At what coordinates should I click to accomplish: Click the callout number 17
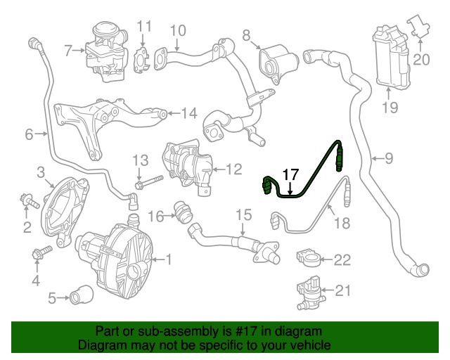coord(290,174)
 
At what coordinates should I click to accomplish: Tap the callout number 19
coord(389,108)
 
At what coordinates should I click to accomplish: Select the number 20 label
coord(421,60)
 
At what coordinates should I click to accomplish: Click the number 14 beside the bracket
coord(189,113)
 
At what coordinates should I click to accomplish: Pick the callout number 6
coord(29,134)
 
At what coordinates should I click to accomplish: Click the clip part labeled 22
coord(307,257)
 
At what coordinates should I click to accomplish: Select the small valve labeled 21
coord(307,290)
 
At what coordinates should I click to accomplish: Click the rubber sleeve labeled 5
coord(79,299)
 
